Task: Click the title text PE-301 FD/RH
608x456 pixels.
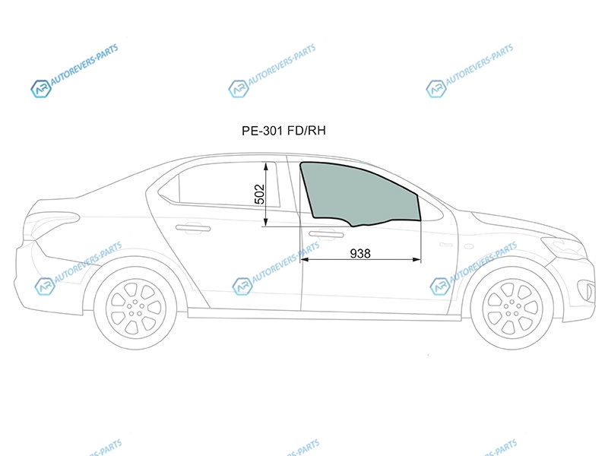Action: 283,131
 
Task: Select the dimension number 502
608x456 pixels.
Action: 259,194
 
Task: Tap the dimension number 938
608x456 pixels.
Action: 360,254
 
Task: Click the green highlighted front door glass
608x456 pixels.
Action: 359,194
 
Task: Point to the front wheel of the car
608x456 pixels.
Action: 512,307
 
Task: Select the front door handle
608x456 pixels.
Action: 326,234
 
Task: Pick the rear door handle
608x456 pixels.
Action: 193,229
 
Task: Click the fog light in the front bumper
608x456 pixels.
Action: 587,291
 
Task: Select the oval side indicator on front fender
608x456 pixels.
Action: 469,246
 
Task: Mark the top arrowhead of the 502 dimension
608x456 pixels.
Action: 266,166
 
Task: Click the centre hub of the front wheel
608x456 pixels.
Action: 512,308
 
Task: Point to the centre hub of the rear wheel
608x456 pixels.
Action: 135,308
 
